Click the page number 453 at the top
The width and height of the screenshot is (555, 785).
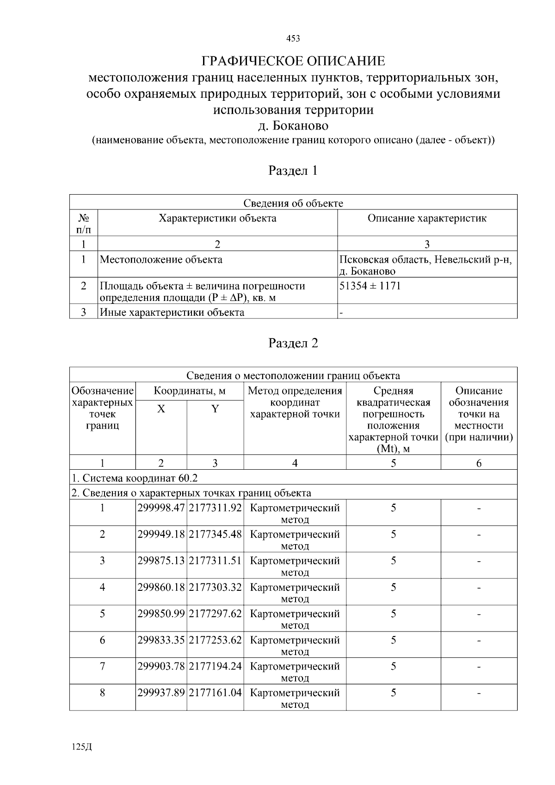point(293,39)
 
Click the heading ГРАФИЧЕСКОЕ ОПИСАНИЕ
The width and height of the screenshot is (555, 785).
point(293,61)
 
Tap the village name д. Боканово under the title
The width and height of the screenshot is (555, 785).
point(293,126)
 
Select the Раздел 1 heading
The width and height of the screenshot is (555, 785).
point(293,171)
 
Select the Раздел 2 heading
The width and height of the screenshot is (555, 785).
point(293,343)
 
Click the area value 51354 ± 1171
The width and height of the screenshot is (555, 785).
point(370,286)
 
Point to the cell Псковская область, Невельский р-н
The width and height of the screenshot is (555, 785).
point(425,260)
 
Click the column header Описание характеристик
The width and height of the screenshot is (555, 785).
point(426,218)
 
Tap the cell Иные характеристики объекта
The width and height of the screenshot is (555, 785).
point(172,313)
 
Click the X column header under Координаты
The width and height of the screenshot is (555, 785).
point(161,409)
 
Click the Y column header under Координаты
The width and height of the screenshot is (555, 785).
point(215,409)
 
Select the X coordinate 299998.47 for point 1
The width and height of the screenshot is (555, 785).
point(161,508)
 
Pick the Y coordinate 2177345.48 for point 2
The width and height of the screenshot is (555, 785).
point(215,534)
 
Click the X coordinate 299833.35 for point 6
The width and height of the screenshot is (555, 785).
point(161,640)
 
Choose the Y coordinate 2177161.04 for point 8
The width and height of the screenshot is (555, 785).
point(215,693)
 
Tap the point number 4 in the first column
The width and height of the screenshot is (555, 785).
point(102,588)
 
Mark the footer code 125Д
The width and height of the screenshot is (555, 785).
point(82,748)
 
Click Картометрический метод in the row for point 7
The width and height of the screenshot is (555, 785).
point(295,672)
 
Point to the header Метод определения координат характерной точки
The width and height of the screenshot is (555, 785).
point(295,402)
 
